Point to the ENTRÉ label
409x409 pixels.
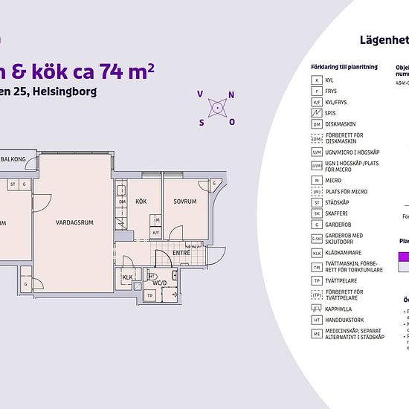181,253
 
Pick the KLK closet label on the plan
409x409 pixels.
127,277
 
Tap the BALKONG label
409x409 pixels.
14,159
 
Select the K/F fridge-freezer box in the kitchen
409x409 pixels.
156,232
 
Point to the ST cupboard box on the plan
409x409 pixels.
13,182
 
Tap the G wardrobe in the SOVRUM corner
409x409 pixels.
214,183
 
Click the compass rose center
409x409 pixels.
216,108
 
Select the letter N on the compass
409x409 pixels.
231,94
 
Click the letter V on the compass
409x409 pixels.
200,94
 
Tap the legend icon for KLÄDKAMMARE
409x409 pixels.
318,253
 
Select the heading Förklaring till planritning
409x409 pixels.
344,67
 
